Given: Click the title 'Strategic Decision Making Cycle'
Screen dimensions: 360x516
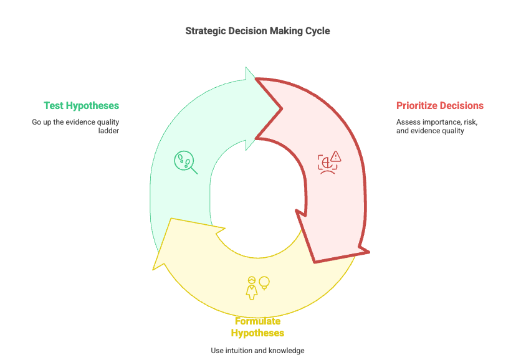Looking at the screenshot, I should pyautogui.click(x=257, y=31).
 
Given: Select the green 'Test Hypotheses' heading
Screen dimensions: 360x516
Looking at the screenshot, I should pyautogui.click(x=81, y=105).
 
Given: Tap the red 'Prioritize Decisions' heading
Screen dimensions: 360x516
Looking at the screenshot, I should pyautogui.click(x=440, y=105).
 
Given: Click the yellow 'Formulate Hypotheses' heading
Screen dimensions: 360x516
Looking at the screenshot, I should pyautogui.click(x=257, y=327).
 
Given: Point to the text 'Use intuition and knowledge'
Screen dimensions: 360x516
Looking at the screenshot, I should pyautogui.click(x=257, y=351).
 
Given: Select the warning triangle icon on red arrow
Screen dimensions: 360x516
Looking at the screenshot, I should pyautogui.click(x=336, y=156).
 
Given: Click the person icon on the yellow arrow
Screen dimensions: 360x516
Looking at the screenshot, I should pyautogui.click(x=252, y=288).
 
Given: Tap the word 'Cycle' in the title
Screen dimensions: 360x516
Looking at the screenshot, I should pyautogui.click(x=317, y=31).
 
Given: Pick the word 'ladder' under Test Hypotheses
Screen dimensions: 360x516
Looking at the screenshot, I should pyautogui.click(x=108, y=131).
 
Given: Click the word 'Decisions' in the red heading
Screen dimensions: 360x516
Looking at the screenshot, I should pyautogui.click(x=462, y=105).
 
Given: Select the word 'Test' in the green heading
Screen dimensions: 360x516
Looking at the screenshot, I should pyautogui.click(x=54, y=105).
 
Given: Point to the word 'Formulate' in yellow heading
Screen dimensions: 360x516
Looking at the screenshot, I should pyautogui.click(x=257, y=321).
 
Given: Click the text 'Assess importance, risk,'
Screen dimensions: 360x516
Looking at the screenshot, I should pyautogui.click(x=437, y=122).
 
